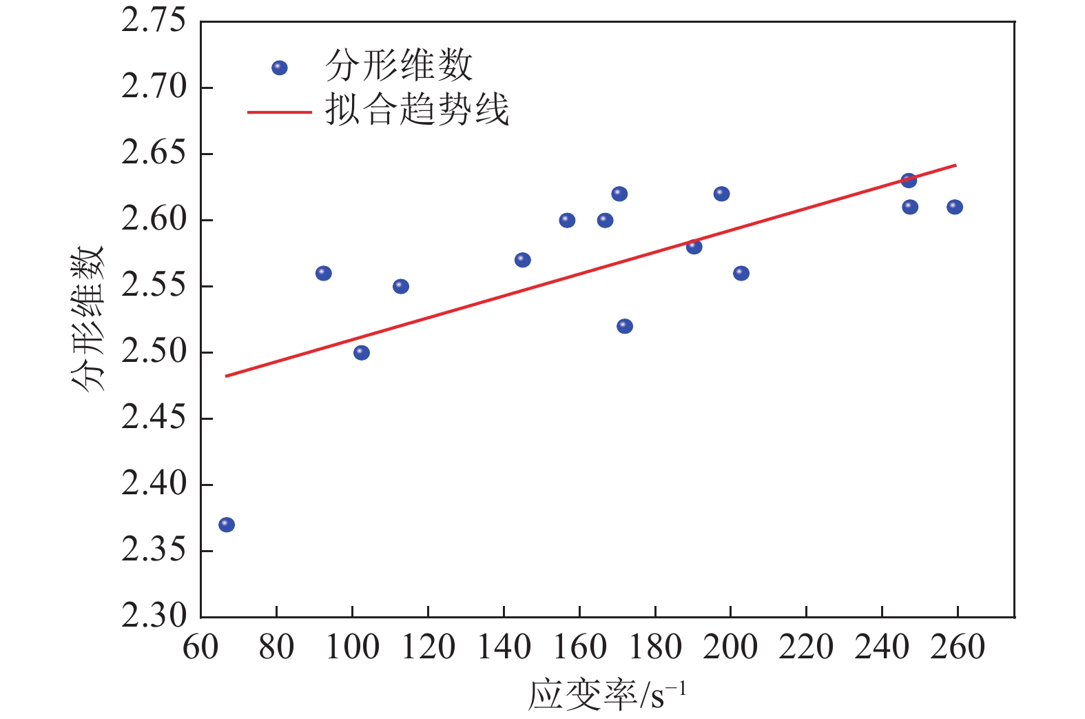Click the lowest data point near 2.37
(227, 525)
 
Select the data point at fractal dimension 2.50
(362, 353)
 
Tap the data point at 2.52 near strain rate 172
(625, 326)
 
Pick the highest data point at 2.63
(909, 181)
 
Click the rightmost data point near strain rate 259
(955, 207)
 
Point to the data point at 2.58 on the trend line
(694, 247)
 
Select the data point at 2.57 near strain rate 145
(523, 260)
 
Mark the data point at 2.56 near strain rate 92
(324, 273)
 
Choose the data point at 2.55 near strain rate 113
(401, 286)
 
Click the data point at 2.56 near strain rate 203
(741, 273)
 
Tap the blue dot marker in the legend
(279, 68)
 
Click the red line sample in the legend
(279, 112)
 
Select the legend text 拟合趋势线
(417, 110)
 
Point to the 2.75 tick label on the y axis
(154, 21)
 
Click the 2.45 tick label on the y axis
(154, 418)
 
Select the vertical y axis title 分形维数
(87, 318)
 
